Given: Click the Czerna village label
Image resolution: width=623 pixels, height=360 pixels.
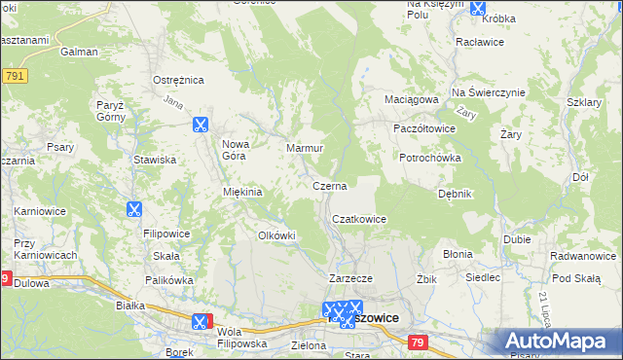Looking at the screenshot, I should click(329, 185).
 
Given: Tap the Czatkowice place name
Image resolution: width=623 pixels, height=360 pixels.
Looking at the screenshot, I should click(360, 220).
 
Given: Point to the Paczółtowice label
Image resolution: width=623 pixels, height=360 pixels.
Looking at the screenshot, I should click(423, 128).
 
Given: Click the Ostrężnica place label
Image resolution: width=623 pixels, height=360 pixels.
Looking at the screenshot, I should click(177, 79).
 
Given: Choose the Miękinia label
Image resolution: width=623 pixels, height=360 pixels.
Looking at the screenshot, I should click(243, 192).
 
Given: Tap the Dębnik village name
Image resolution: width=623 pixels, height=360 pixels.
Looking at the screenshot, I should click(455, 194).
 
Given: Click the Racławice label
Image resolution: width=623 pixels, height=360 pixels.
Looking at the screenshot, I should click(479, 44).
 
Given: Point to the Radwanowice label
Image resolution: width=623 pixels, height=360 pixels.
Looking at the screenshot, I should click(581, 255).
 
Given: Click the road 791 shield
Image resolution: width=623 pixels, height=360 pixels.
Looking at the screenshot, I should click(14, 75).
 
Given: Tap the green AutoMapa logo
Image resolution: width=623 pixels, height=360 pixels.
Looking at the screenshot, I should click(561, 341).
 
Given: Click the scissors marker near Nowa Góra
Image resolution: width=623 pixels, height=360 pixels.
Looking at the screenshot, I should click(201, 124).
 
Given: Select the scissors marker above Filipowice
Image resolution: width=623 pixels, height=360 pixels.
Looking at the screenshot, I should click(133, 208).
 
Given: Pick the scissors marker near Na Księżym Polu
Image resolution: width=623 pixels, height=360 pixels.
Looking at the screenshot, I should click(478, 9).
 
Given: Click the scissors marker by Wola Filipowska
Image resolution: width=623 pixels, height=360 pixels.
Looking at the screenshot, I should click(200, 321).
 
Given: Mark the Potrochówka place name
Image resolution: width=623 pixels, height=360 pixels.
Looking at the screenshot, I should click(429, 158).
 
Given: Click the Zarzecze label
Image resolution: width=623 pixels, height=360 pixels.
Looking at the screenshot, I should click(351, 278).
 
